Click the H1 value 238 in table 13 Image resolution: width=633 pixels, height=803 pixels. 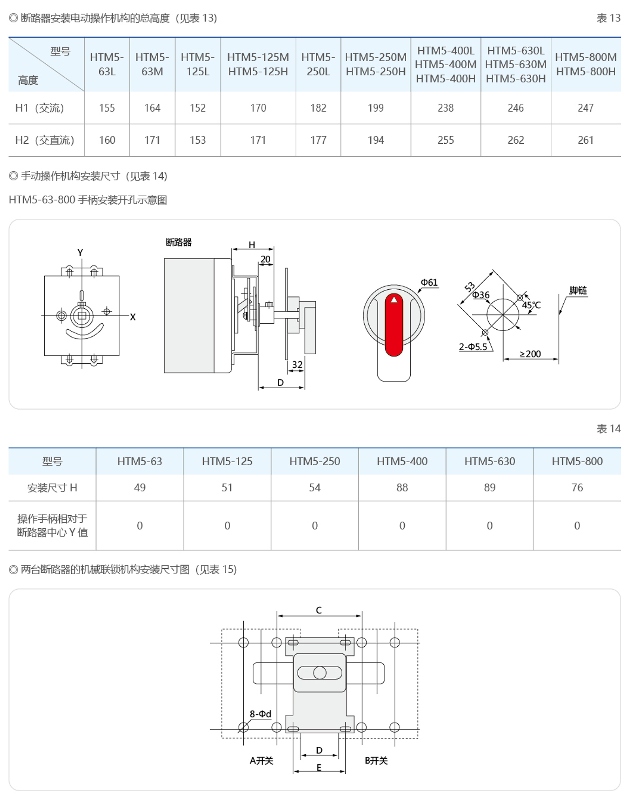click(x=445, y=108)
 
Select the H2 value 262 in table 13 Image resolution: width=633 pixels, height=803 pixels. click(x=515, y=140)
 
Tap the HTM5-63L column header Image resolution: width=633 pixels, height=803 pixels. click(x=107, y=64)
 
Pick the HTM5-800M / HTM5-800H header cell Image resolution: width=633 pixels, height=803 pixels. click(x=586, y=64)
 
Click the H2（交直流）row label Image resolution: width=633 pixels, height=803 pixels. click(x=45, y=140)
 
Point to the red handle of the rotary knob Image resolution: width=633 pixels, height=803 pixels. click(x=394, y=325)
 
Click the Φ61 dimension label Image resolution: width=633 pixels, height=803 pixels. click(x=429, y=282)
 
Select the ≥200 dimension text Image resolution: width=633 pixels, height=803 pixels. click(x=530, y=354)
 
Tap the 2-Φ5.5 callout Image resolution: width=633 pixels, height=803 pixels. click(x=473, y=347)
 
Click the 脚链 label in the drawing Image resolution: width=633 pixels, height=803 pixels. click(x=578, y=290)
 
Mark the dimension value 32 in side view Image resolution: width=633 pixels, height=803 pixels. click(x=297, y=364)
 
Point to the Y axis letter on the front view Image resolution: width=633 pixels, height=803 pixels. click(x=80, y=252)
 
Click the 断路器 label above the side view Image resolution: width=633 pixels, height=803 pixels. click(x=178, y=242)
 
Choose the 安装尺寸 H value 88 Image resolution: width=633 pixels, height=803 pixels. click(x=402, y=488)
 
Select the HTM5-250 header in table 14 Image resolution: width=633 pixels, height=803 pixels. click(x=315, y=461)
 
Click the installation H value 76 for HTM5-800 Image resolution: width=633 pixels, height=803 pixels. click(x=577, y=488)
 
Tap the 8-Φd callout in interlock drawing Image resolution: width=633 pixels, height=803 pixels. click(x=260, y=714)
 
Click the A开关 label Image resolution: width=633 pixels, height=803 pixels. click(x=262, y=761)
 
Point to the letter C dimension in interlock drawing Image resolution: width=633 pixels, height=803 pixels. click(x=319, y=610)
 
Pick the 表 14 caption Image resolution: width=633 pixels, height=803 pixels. click(x=608, y=429)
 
